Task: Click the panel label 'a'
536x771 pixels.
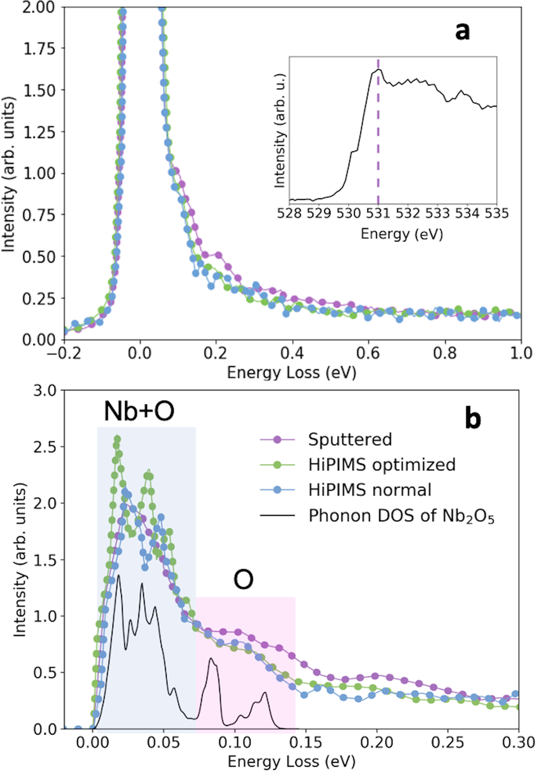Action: [x=462, y=32]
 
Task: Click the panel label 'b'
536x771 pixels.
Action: [x=472, y=418]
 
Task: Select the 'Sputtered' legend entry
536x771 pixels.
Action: [x=349, y=439]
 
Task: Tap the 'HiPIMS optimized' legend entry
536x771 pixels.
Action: [x=381, y=465]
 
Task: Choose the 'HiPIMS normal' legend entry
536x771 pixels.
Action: [x=369, y=490]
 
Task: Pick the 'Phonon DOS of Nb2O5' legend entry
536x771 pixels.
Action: [x=401, y=516]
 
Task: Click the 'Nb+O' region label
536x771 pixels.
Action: [x=139, y=411]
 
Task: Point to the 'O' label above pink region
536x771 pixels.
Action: [x=243, y=580]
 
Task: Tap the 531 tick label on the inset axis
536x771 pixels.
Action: [x=378, y=213]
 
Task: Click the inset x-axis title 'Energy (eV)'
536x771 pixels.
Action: [x=401, y=234]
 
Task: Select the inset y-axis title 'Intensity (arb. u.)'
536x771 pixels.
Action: [x=279, y=130]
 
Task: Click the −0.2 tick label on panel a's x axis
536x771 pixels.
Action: [x=64, y=353]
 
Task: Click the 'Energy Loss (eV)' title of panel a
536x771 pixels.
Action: [x=292, y=372]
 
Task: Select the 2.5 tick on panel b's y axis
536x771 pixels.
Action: [x=44, y=447]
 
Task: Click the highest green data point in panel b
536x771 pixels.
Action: [x=117, y=439]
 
